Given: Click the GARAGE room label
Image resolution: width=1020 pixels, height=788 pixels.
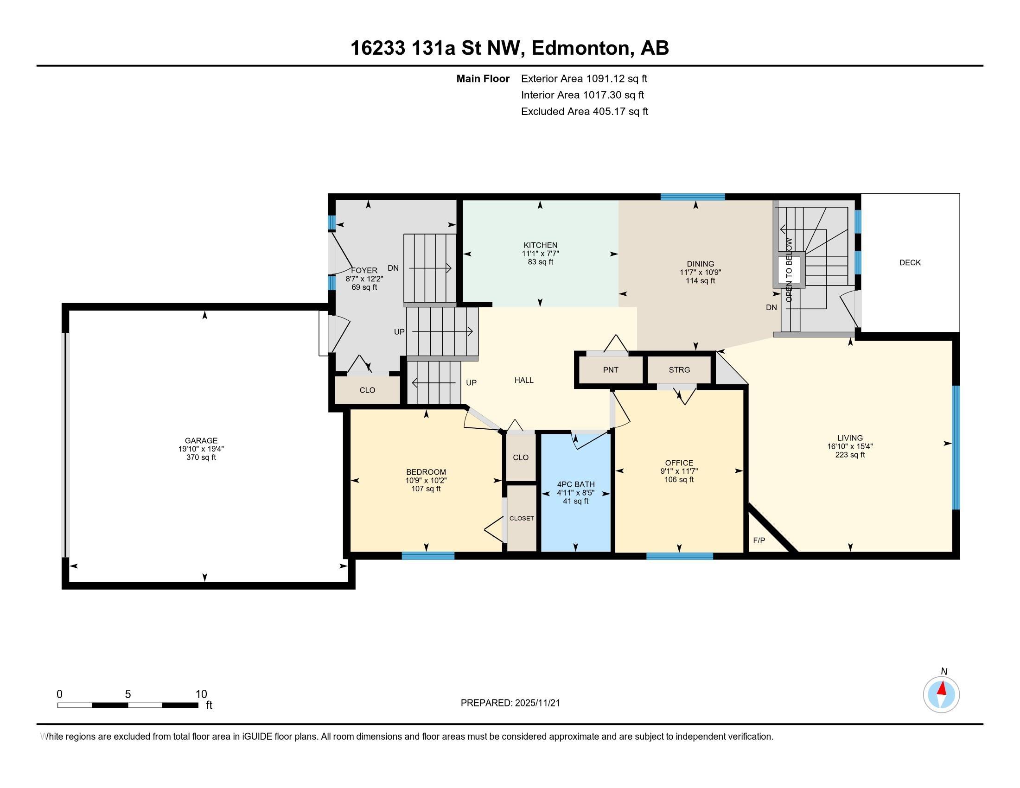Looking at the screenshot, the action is (x=201, y=440).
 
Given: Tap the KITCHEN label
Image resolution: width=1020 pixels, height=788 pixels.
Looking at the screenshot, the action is (x=540, y=245).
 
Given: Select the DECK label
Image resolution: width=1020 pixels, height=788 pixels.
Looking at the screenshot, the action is (x=910, y=262).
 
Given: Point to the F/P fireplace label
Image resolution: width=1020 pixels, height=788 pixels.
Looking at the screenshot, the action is (x=759, y=540).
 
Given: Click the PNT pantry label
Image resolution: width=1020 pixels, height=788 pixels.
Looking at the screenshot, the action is (x=611, y=370).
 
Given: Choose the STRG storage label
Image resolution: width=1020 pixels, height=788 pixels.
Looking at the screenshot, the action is (x=679, y=370).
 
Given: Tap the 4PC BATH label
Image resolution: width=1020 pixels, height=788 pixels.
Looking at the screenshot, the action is (x=576, y=484).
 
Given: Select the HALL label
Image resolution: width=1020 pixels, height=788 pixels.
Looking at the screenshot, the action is (x=524, y=380).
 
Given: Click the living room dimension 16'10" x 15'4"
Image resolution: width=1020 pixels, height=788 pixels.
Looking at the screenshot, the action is (x=850, y=446).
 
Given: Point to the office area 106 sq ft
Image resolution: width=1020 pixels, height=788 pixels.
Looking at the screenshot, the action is (x=679, y=480).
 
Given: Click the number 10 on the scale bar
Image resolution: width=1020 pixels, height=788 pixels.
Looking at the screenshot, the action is (x=201, y=694).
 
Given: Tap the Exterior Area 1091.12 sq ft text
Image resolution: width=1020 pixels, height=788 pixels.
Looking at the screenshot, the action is (x=584, y=78).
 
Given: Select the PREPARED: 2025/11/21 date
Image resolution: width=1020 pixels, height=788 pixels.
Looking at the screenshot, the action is (x=510, y=703).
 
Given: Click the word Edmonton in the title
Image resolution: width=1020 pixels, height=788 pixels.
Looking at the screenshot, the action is (x=580, y=48).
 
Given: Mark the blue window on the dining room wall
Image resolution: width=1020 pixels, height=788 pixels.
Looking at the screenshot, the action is (x=693, y=197).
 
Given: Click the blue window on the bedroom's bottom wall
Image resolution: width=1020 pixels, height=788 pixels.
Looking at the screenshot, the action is (x=428, y=555).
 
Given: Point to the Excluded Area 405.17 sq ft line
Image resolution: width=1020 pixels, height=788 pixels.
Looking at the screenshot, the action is (x=585, y=112).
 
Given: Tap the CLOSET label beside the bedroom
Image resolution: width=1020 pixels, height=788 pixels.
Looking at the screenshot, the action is (x=522, y=518).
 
